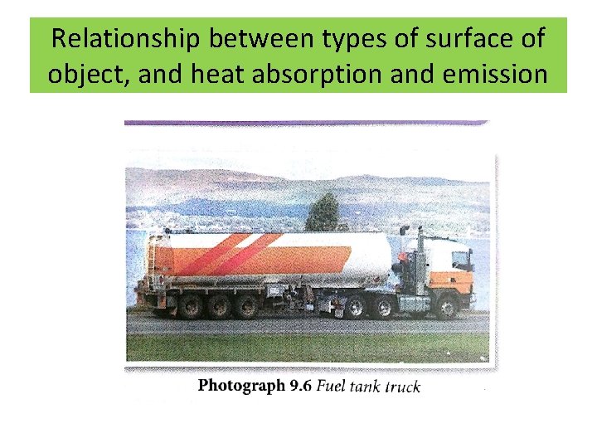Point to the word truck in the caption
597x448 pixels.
[401, 387]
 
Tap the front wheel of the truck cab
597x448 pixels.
[448, 308]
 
